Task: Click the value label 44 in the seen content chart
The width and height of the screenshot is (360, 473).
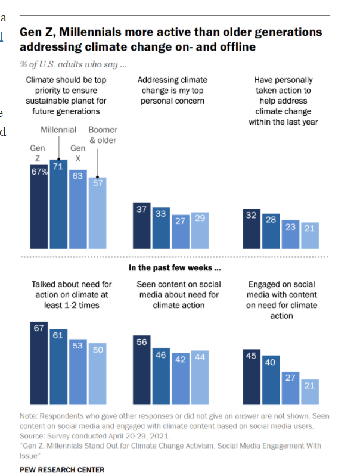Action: point(200,356)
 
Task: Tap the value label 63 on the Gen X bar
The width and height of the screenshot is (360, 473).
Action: point(77,176)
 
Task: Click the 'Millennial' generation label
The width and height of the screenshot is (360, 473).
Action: point(58,130)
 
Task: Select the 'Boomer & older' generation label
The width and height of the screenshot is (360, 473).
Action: point(103,135)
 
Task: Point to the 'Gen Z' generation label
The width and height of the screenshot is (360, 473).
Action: point(38,153)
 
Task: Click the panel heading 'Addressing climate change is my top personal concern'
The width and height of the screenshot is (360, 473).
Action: point(172,90)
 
